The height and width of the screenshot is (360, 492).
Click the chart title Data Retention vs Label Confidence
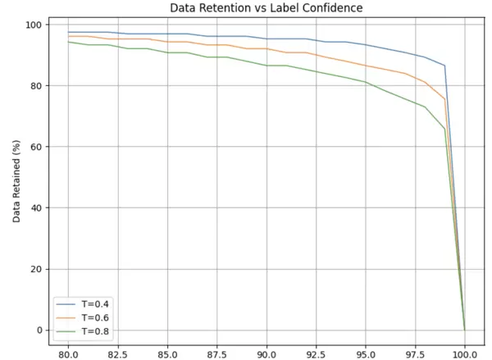266,8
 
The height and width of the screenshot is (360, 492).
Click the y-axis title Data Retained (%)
16,177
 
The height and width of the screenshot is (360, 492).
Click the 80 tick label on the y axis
34,85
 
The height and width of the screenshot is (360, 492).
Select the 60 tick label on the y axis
34,147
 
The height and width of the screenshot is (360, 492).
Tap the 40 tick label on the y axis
34,207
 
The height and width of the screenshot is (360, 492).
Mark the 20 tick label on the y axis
34,269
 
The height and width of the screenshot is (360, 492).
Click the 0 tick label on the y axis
37,330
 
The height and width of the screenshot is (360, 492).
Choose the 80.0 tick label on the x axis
68,354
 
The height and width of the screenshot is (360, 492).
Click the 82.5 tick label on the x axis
118,354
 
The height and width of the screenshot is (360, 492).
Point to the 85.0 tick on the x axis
167,354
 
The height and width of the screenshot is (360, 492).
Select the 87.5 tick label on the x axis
217,354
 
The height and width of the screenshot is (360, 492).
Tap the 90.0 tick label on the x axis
266,354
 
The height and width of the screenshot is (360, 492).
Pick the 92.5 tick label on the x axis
317,354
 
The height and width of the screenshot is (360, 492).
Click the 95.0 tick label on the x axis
366,354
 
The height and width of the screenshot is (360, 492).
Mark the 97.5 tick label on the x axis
416,354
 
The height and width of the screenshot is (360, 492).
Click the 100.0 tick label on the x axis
465,354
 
